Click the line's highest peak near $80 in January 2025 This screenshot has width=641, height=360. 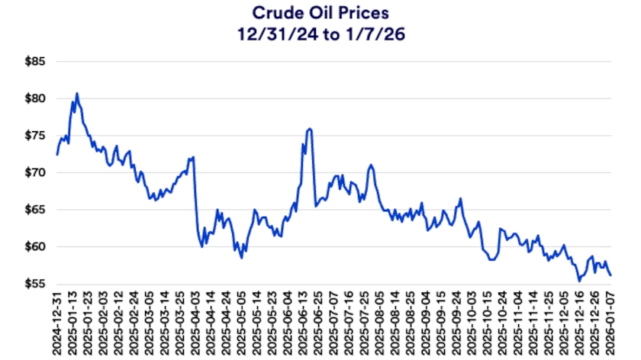point(77,93)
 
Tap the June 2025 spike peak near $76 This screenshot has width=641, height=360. point(309,129)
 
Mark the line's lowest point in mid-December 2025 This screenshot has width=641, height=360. point(579,281)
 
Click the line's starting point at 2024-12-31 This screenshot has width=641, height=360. point(56,154)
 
